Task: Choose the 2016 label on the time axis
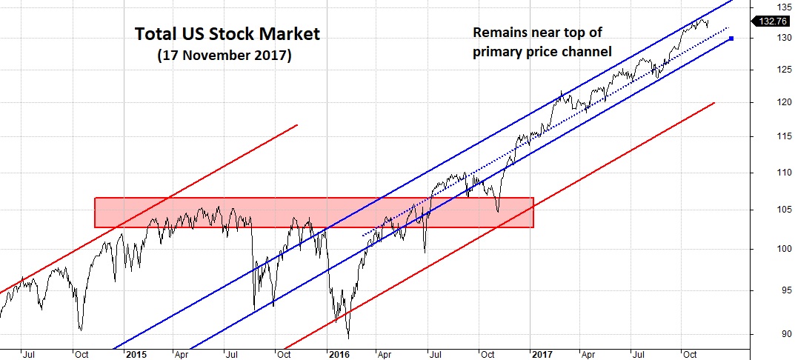339,354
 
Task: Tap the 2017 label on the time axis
543,354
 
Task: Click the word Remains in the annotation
502,34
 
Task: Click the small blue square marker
731,39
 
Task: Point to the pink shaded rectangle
313,212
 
